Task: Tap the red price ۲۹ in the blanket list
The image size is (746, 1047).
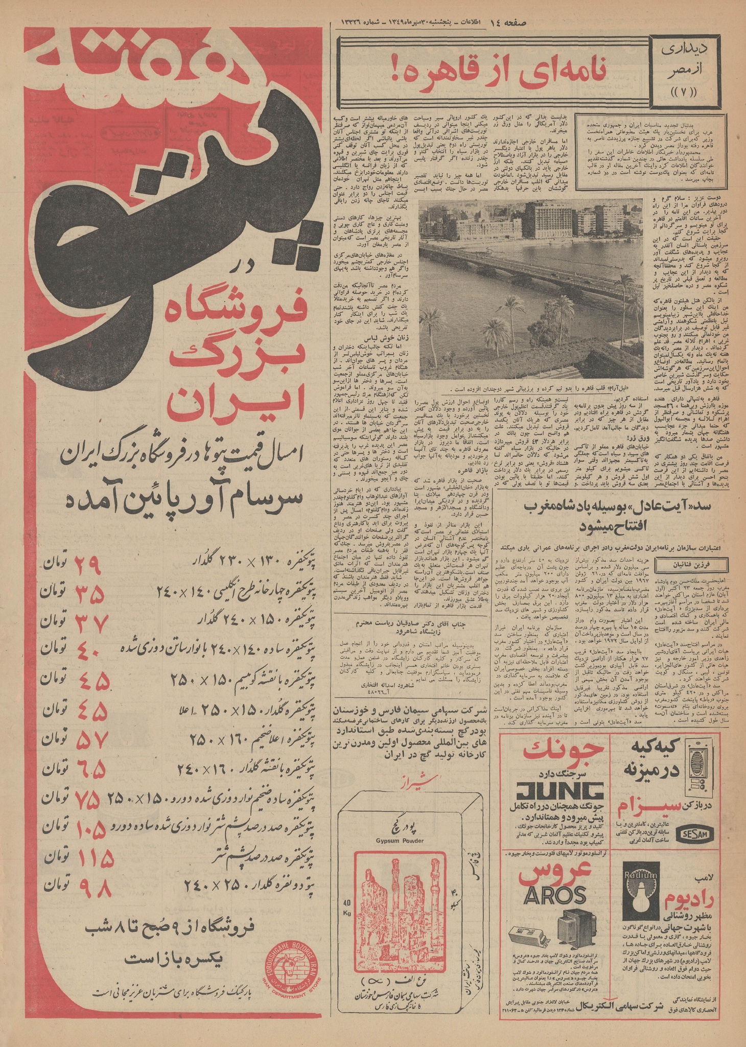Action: tap(89, 564)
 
